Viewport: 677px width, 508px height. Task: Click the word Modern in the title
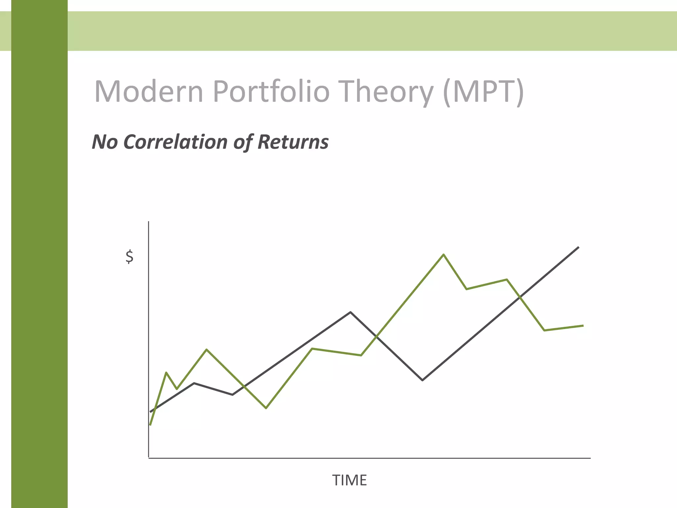(x=148, y=91)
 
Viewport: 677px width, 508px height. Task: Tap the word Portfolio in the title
(x=271, y=91)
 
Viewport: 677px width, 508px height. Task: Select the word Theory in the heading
(x=387, y=91)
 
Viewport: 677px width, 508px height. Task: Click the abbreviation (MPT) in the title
(x=483, y=91)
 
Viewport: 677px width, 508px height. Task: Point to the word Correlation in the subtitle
(x=175, y=142)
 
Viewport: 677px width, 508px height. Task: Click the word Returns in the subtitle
(x=293, y=142)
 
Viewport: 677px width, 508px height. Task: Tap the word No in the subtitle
(x=105, y=142)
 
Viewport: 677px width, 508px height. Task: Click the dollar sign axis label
(x=130, y=257)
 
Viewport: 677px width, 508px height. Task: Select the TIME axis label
(x=349, y=480)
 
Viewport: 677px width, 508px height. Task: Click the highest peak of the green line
(x=443, y=254)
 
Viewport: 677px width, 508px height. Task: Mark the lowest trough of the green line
(x=266, y=408)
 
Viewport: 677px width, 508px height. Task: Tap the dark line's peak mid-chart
(x=350, y=312)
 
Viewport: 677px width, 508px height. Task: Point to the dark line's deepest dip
(x=422, y=380)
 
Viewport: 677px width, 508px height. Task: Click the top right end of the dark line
(x=578, y=247)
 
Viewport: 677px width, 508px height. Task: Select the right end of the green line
(x=583, y=326)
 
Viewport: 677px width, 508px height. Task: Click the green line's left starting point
(x=150, y=425)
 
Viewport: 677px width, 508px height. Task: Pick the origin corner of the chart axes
(x=149, y=458)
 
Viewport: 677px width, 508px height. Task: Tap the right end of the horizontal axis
(x=590, y=458)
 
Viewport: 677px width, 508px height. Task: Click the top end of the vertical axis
(x=149, y=222)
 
